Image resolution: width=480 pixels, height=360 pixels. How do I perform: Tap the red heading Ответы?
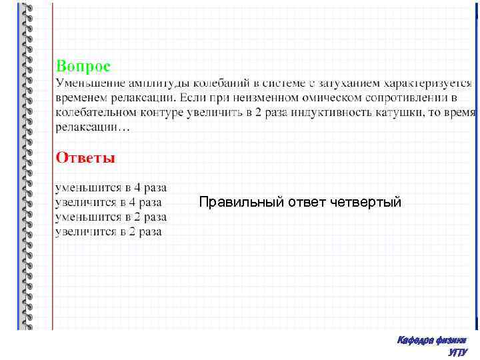click(x=85, y=157)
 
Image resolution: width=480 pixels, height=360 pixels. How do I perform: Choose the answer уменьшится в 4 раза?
click(x=111, y=188)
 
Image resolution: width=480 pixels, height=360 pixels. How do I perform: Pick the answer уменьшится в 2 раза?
click(x=111, y=217)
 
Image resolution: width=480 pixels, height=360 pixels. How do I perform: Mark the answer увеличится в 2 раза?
click(x=109, y=232)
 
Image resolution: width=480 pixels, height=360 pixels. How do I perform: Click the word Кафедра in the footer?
click(x=415, y=340)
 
